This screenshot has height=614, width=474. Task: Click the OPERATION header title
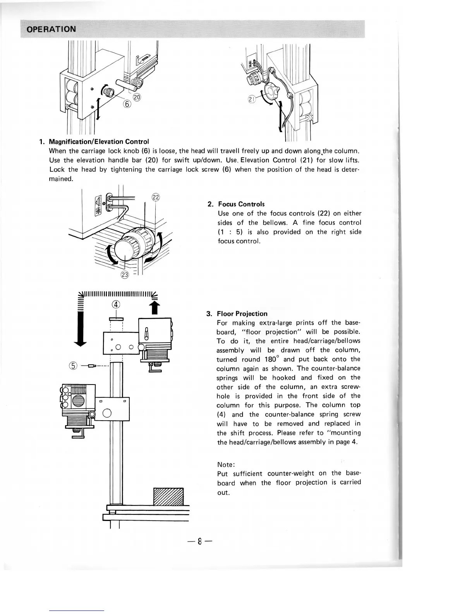tap(52, 29)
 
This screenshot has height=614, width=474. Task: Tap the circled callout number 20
tap(137, 97)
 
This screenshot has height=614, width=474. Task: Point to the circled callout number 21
tap(252, 100)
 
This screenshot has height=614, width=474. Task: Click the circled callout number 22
tap(155, 197)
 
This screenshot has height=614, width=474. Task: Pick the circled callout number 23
tap(124, 275)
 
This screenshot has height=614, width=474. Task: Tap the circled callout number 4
tap(117, 304)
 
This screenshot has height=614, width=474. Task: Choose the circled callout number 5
tap(74, 366)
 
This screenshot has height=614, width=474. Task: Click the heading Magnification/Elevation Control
tap(99, 141)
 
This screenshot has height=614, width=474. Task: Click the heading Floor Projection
tap(242, 314)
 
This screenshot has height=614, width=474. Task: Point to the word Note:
tap(226, 464)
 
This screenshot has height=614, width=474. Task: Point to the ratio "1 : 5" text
tap(231, 232)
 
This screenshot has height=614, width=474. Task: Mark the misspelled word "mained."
tap(61, 179)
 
